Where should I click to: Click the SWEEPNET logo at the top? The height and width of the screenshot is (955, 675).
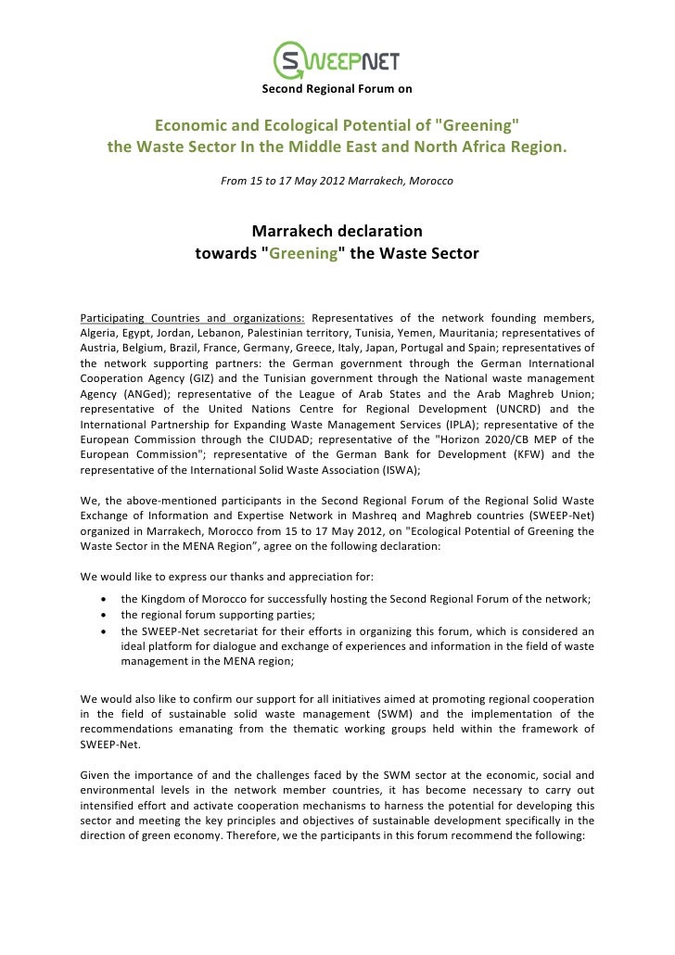coord(337,61)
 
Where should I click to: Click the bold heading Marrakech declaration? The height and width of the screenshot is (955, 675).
coord(337,230)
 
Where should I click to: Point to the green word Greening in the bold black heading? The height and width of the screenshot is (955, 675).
coord(302,252)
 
